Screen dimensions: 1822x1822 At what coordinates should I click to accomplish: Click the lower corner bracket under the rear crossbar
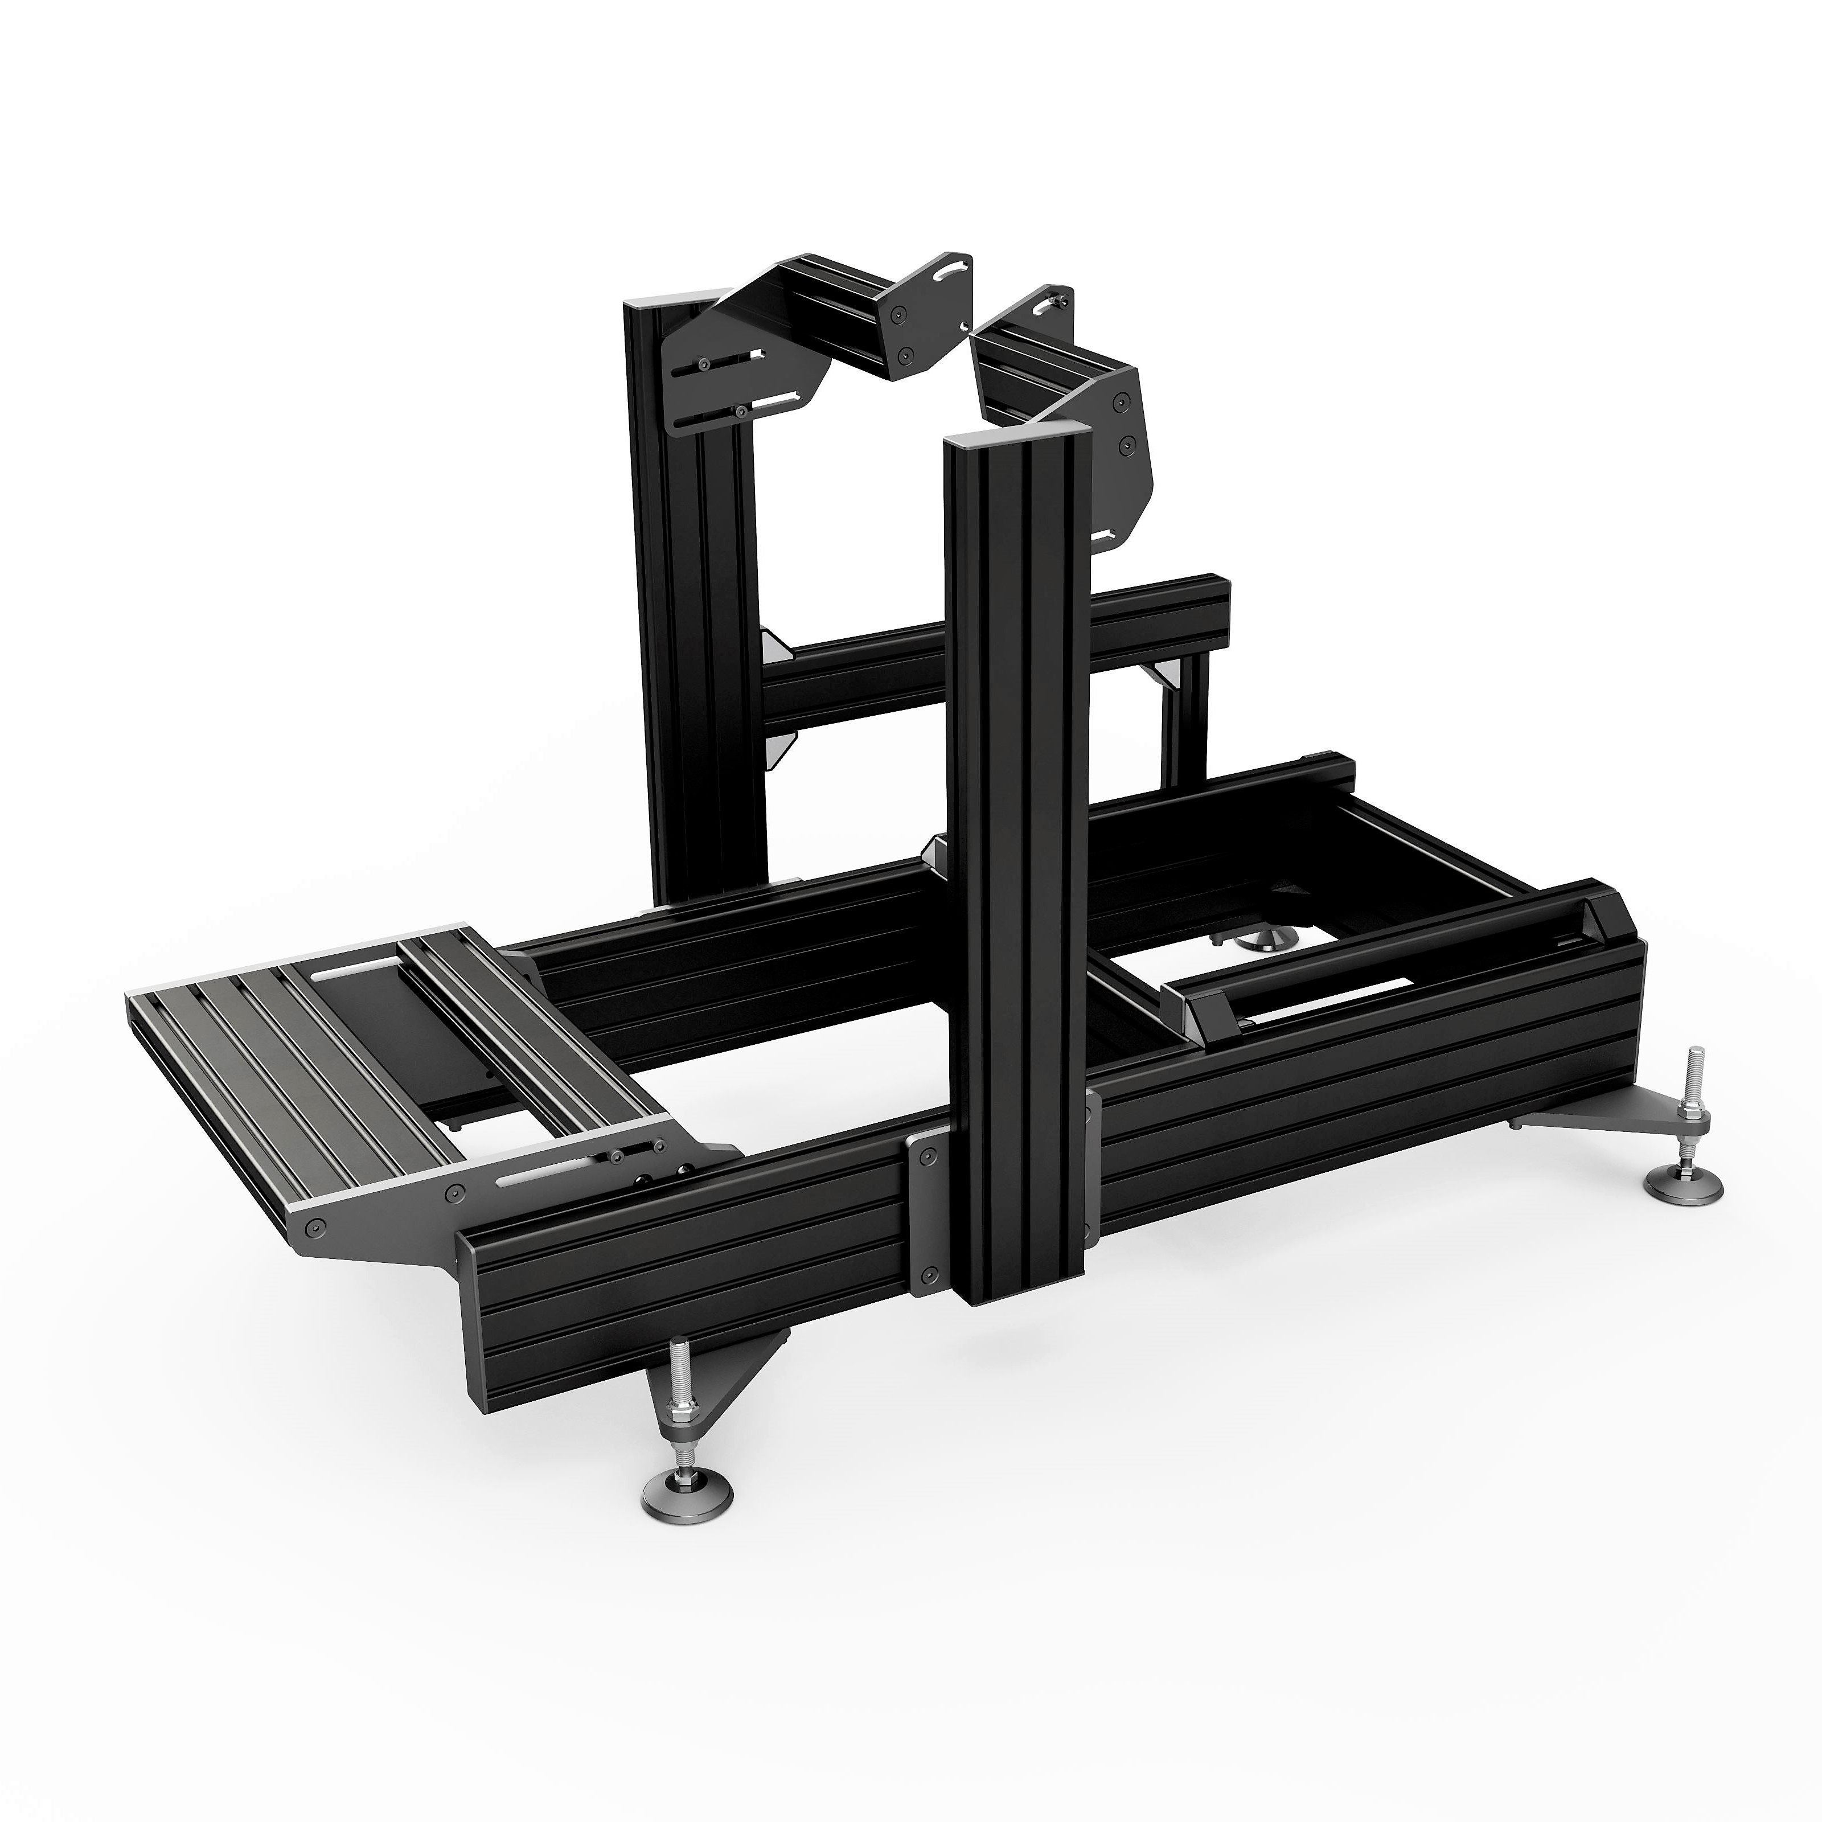(x=779, y=748)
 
